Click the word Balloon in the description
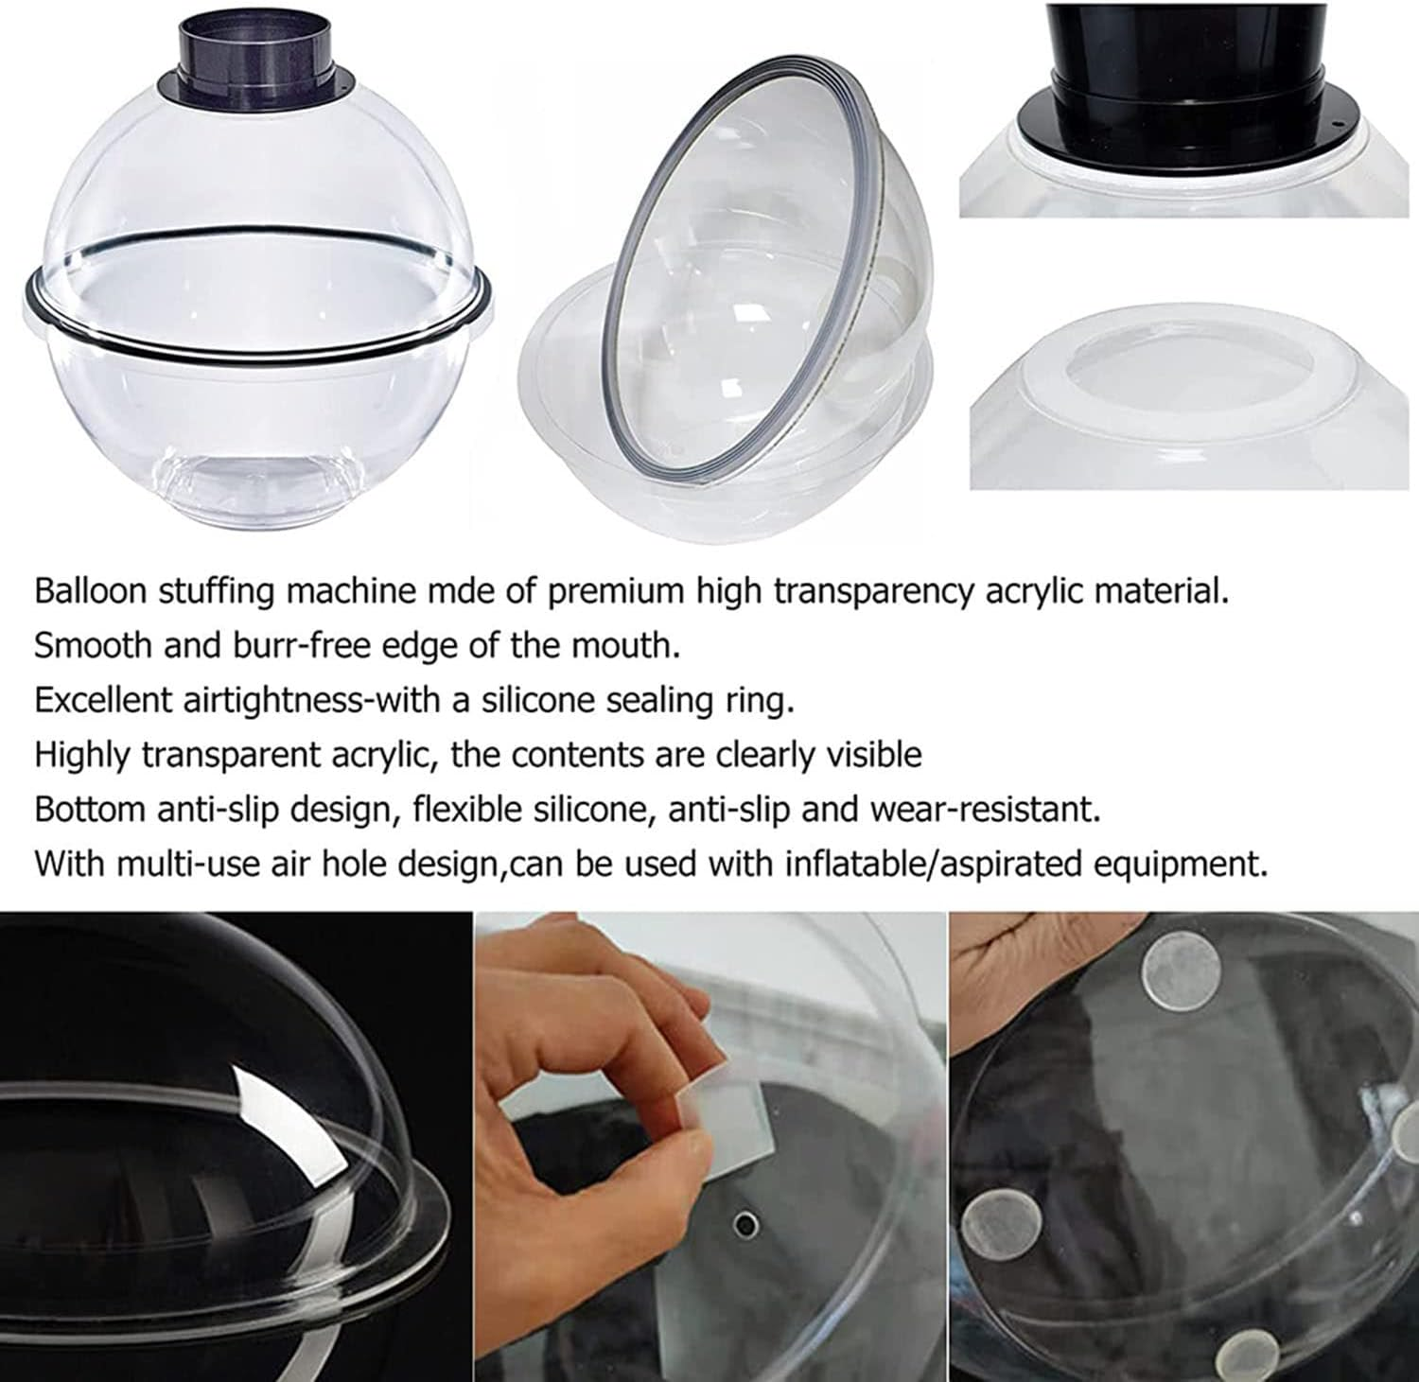coord(91,591)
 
